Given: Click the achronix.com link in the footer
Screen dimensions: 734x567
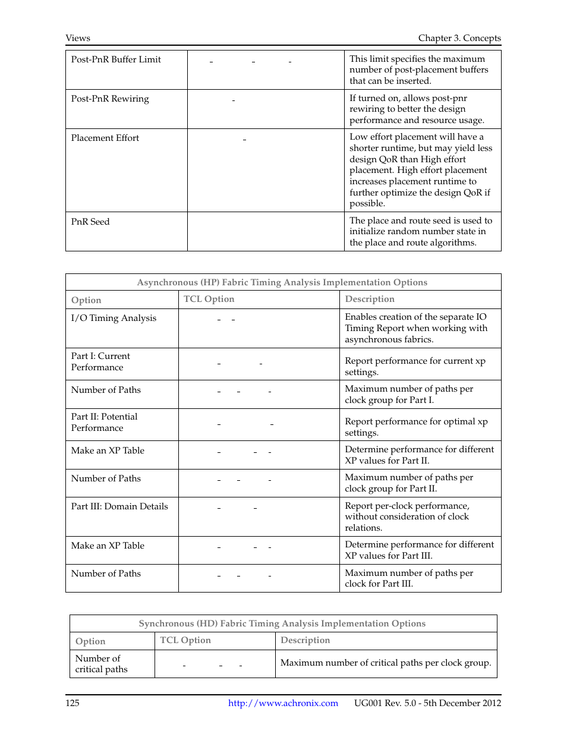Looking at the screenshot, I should [283, 703].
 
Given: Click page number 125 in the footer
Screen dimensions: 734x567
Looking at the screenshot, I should [73, 703].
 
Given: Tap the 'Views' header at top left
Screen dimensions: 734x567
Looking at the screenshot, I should [78, 38].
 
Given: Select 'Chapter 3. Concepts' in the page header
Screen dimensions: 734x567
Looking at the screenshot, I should [459, 38].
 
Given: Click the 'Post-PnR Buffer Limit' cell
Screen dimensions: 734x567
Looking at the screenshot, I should [116, 59].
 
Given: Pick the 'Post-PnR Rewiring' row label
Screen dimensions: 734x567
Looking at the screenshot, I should [110, 99].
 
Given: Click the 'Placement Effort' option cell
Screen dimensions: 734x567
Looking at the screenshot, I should [105, 138].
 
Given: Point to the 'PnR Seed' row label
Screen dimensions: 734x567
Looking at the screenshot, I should [90, 222].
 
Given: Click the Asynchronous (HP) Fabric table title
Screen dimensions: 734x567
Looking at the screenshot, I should [282, 282].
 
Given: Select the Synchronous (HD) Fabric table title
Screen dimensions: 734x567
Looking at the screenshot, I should [282, 623].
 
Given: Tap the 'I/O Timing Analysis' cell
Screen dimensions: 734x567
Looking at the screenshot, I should [114, 318].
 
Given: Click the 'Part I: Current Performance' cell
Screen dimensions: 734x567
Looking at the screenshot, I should [100, 361].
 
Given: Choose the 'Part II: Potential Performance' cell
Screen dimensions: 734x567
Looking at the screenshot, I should [104, 422].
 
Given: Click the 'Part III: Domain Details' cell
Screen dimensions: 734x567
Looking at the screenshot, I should [119, 506].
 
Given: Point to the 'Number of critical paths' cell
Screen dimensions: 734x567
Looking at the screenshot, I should [101, 664].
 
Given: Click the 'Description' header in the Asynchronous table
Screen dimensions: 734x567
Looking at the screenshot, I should [370, 299].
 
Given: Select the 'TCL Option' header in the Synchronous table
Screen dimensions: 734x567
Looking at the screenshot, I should [185, 640].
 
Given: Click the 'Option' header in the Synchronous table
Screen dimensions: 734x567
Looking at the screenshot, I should [90, 641].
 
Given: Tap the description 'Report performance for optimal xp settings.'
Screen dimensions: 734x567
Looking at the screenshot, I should [416, 427].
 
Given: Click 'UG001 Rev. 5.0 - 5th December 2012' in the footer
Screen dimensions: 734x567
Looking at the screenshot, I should [427, 703].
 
